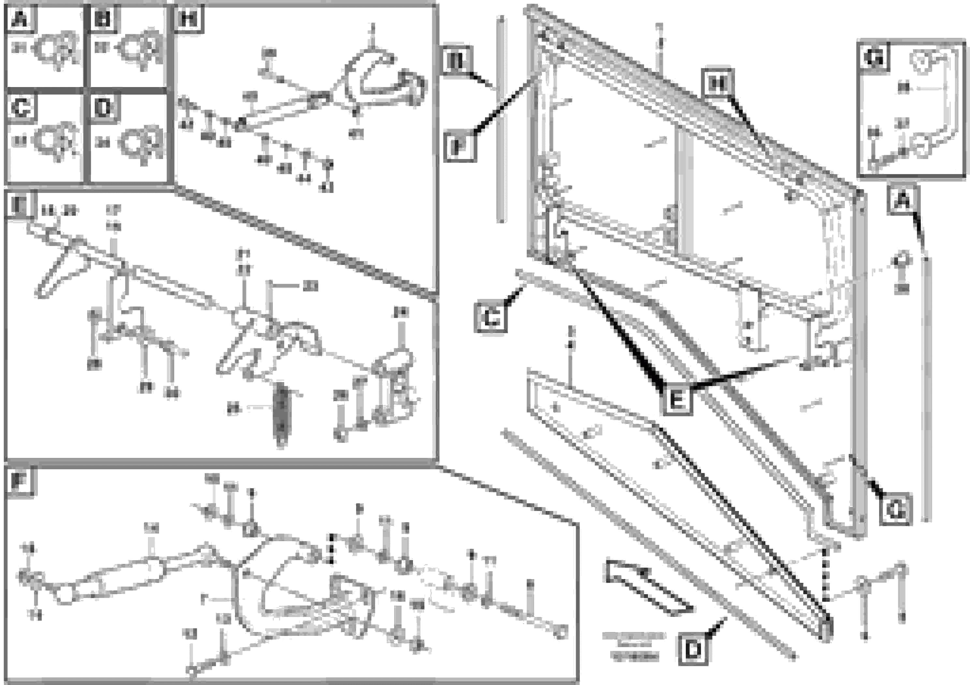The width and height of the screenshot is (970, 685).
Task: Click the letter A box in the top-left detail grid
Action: click(x=20, y=19)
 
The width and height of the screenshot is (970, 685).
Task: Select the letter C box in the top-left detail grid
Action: click(x=21, y=108)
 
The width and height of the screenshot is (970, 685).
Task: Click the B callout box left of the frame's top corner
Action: click(x=457, y=60)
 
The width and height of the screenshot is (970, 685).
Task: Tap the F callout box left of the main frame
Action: click(x=460, y=146)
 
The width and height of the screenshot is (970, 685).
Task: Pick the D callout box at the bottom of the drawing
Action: click(x=693, y=651)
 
